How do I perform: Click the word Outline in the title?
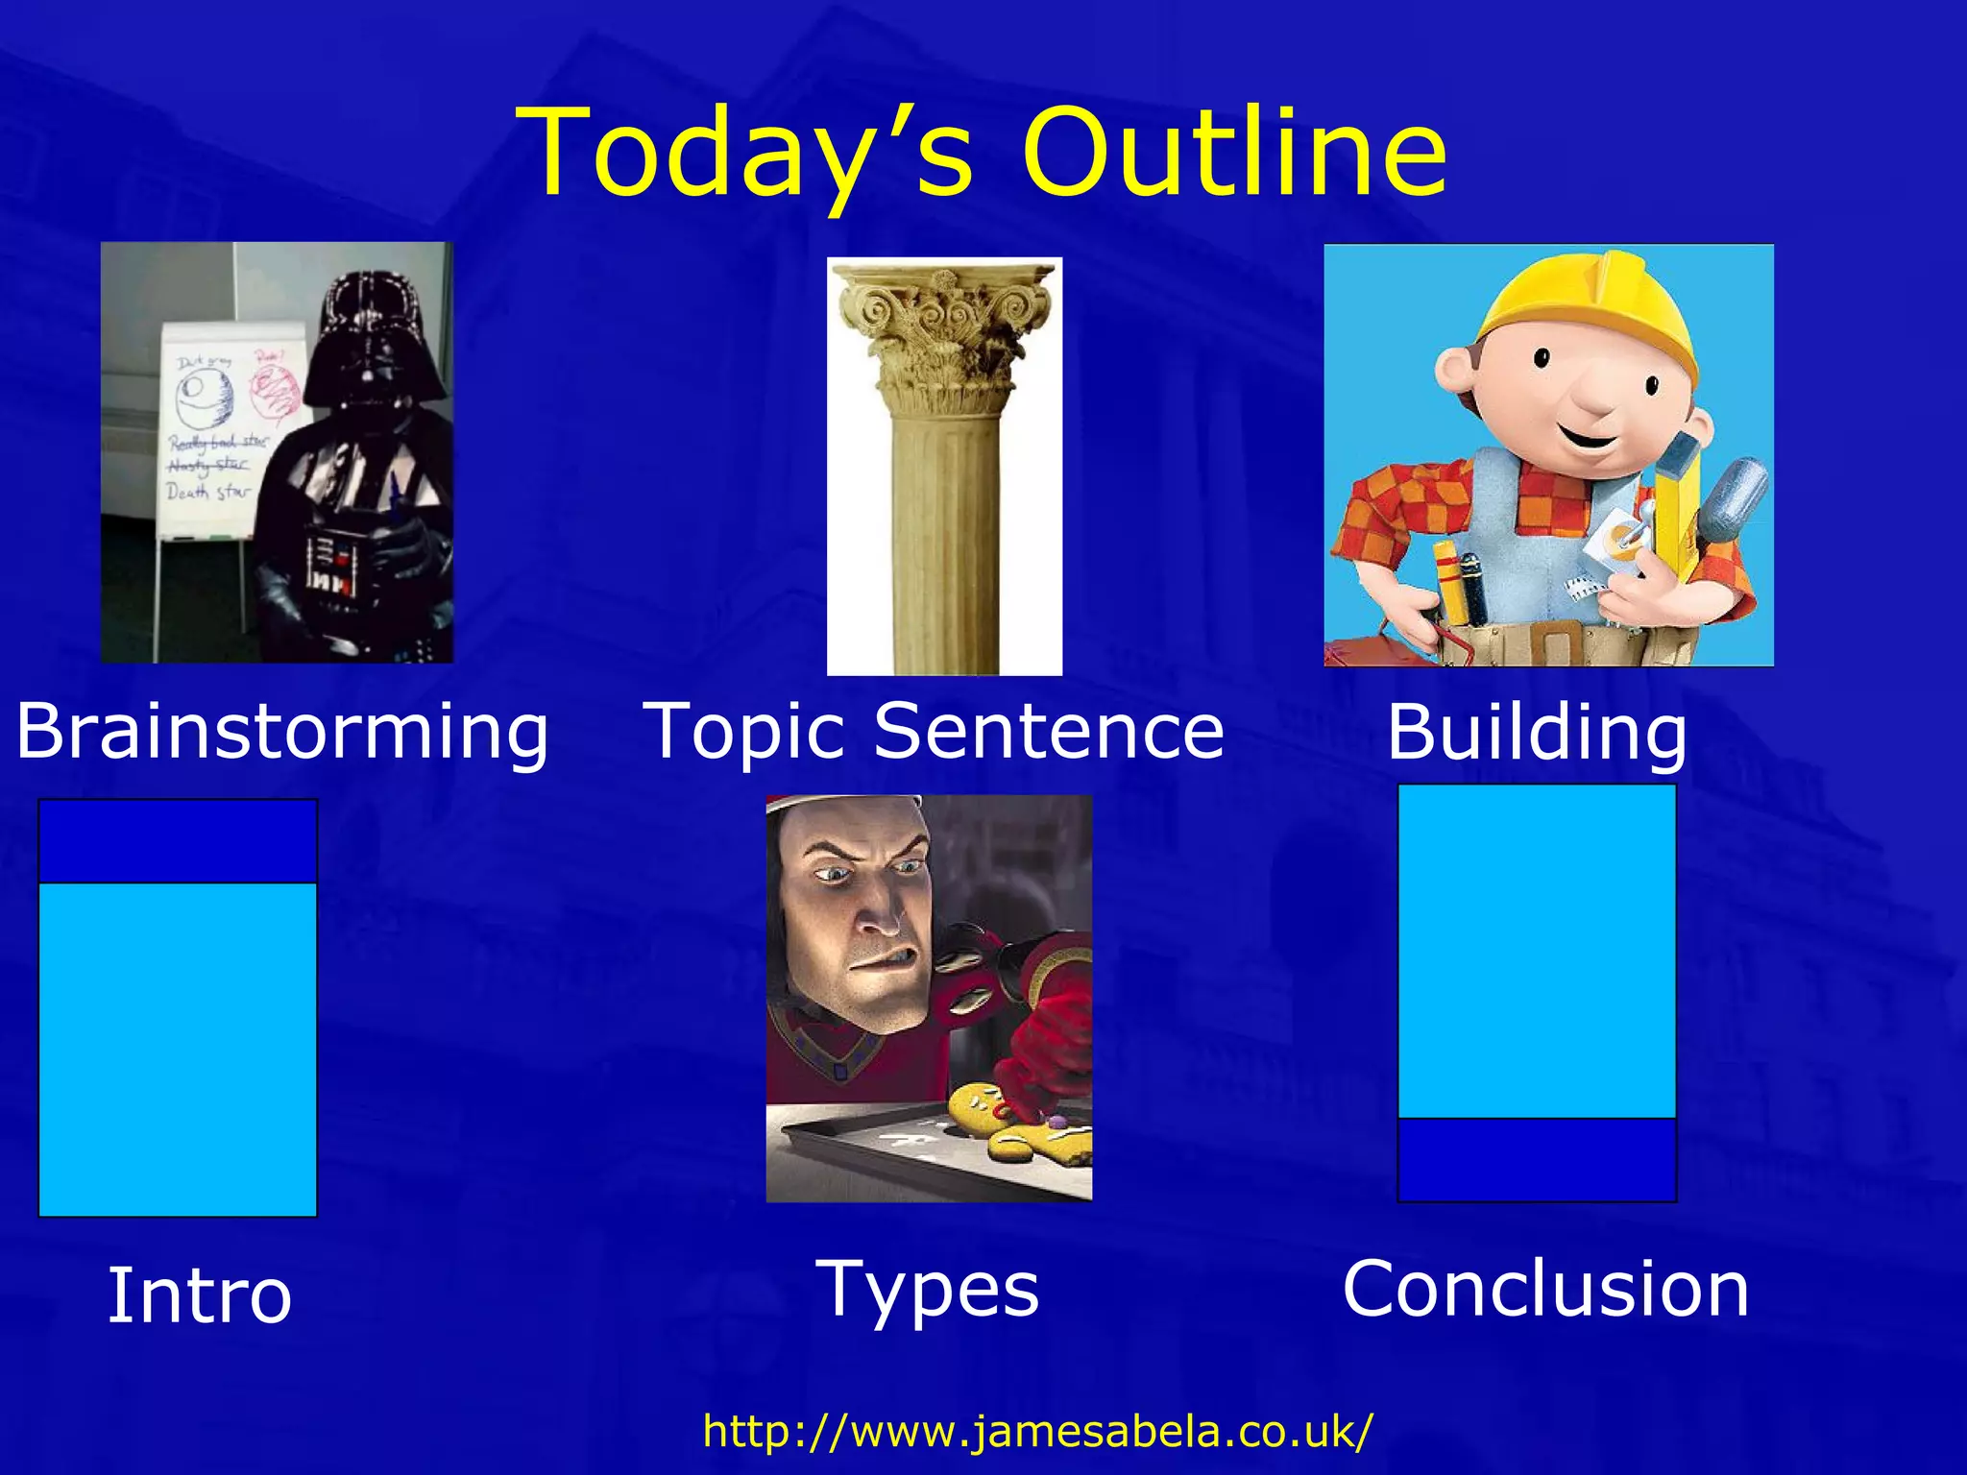pos(1233,154)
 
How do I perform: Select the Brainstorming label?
pos(282,732)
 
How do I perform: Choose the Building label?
pos(1536,732)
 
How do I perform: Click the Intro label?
pos(199,1294)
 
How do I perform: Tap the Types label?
pos(927,1289)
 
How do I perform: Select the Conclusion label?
pos(1545,1288)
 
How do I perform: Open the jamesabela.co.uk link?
pos(1037,1431)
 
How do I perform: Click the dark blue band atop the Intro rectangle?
pos(178,841)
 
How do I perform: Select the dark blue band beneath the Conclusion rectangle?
pos(1537,1159)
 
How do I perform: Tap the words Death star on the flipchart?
pos(207,493)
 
